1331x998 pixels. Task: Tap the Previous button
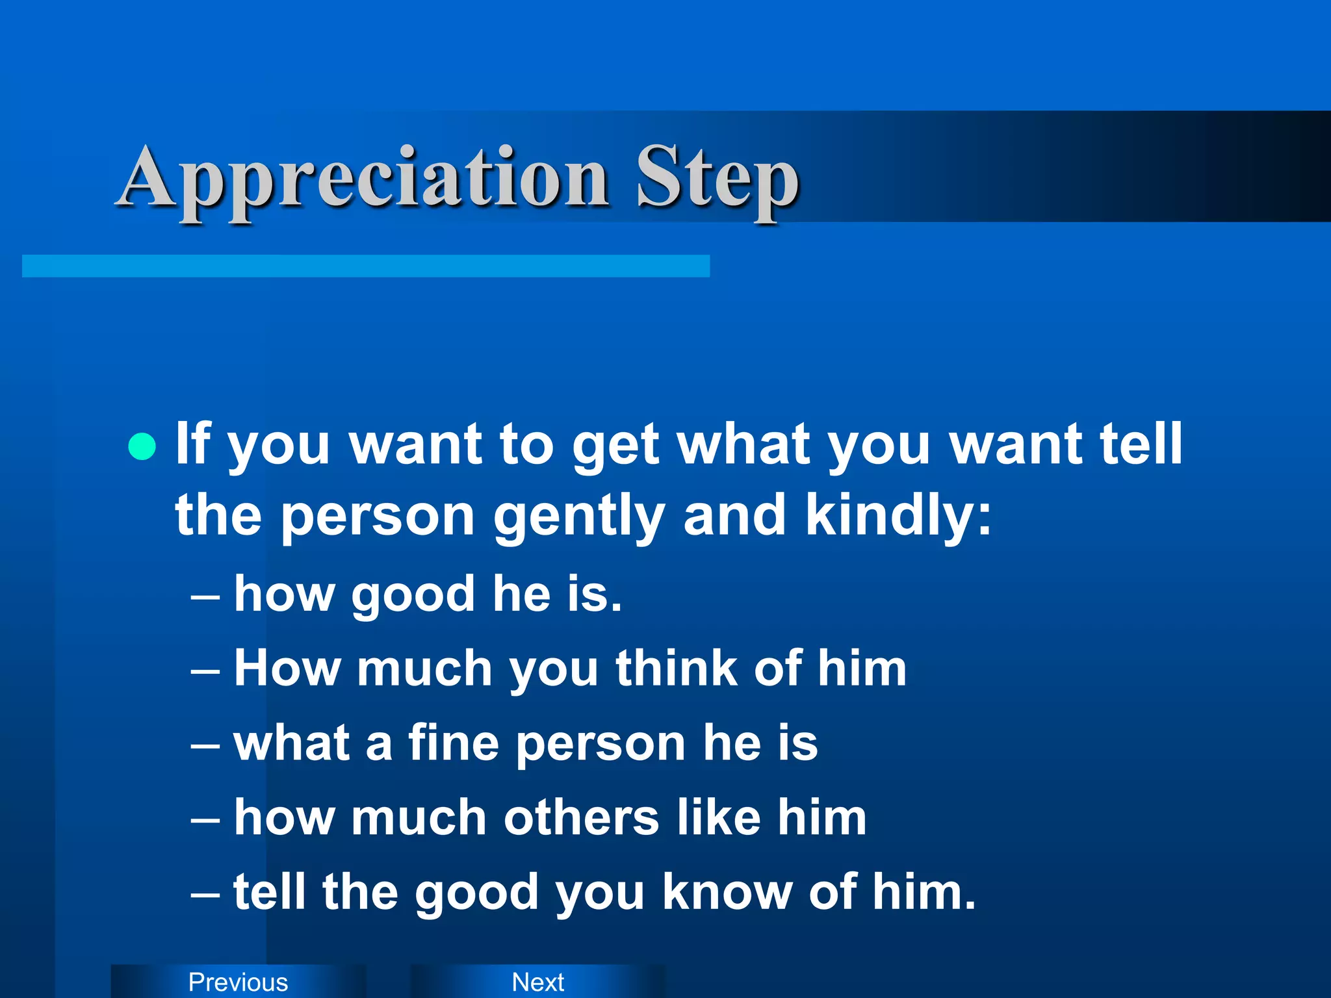tap(238, 982)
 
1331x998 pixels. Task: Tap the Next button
tap(537, 982)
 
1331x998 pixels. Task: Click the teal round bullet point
tap(142, 446)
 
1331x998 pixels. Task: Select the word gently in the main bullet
tap(579, 517)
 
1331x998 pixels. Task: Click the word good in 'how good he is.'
tap(413, 595)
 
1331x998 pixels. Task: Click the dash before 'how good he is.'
tap(205, 596)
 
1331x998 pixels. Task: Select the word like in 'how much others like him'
tap(719, 817)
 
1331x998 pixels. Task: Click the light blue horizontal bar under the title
tap(365, 266)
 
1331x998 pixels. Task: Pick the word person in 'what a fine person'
tap(601, 744)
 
